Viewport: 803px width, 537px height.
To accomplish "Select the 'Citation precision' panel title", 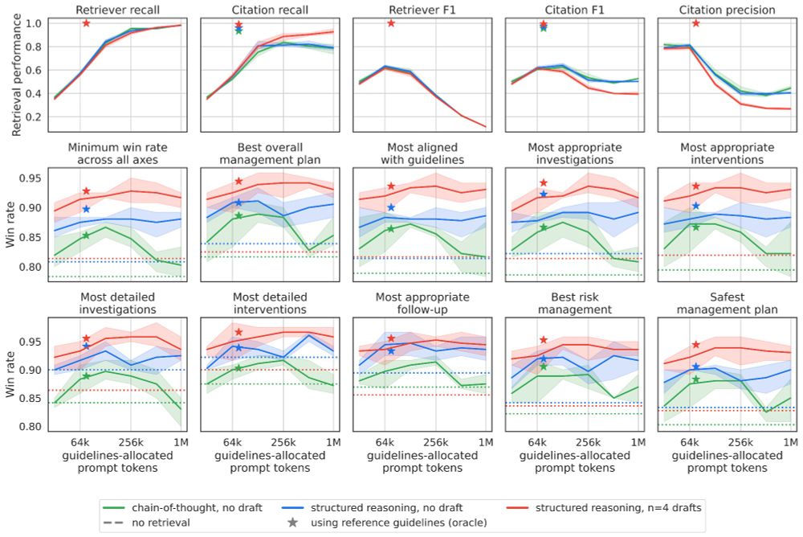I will click(728, 10).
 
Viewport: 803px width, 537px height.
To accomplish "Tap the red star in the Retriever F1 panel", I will click(391, 23).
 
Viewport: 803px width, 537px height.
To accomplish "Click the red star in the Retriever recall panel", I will click(86, 23).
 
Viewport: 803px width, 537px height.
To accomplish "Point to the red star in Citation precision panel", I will click(696, 23).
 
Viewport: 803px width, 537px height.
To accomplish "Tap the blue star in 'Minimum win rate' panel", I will click(86, 209).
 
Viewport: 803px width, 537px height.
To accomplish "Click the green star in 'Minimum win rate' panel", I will click(86, 235).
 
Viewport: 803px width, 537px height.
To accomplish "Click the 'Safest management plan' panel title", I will click(728, 302).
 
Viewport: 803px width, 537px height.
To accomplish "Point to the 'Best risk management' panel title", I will click(575, 302).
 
